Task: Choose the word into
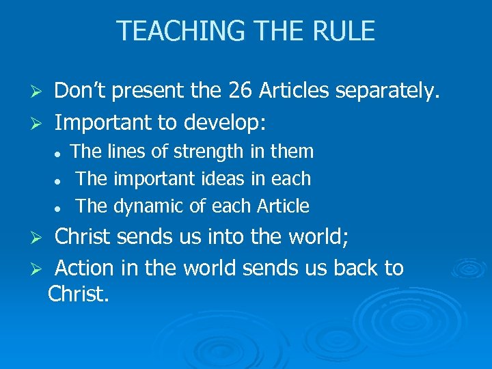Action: (213, 236)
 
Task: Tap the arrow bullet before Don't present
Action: (39, 92)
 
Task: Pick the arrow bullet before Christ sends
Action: (39, 238)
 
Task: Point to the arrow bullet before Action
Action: (39, 269)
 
